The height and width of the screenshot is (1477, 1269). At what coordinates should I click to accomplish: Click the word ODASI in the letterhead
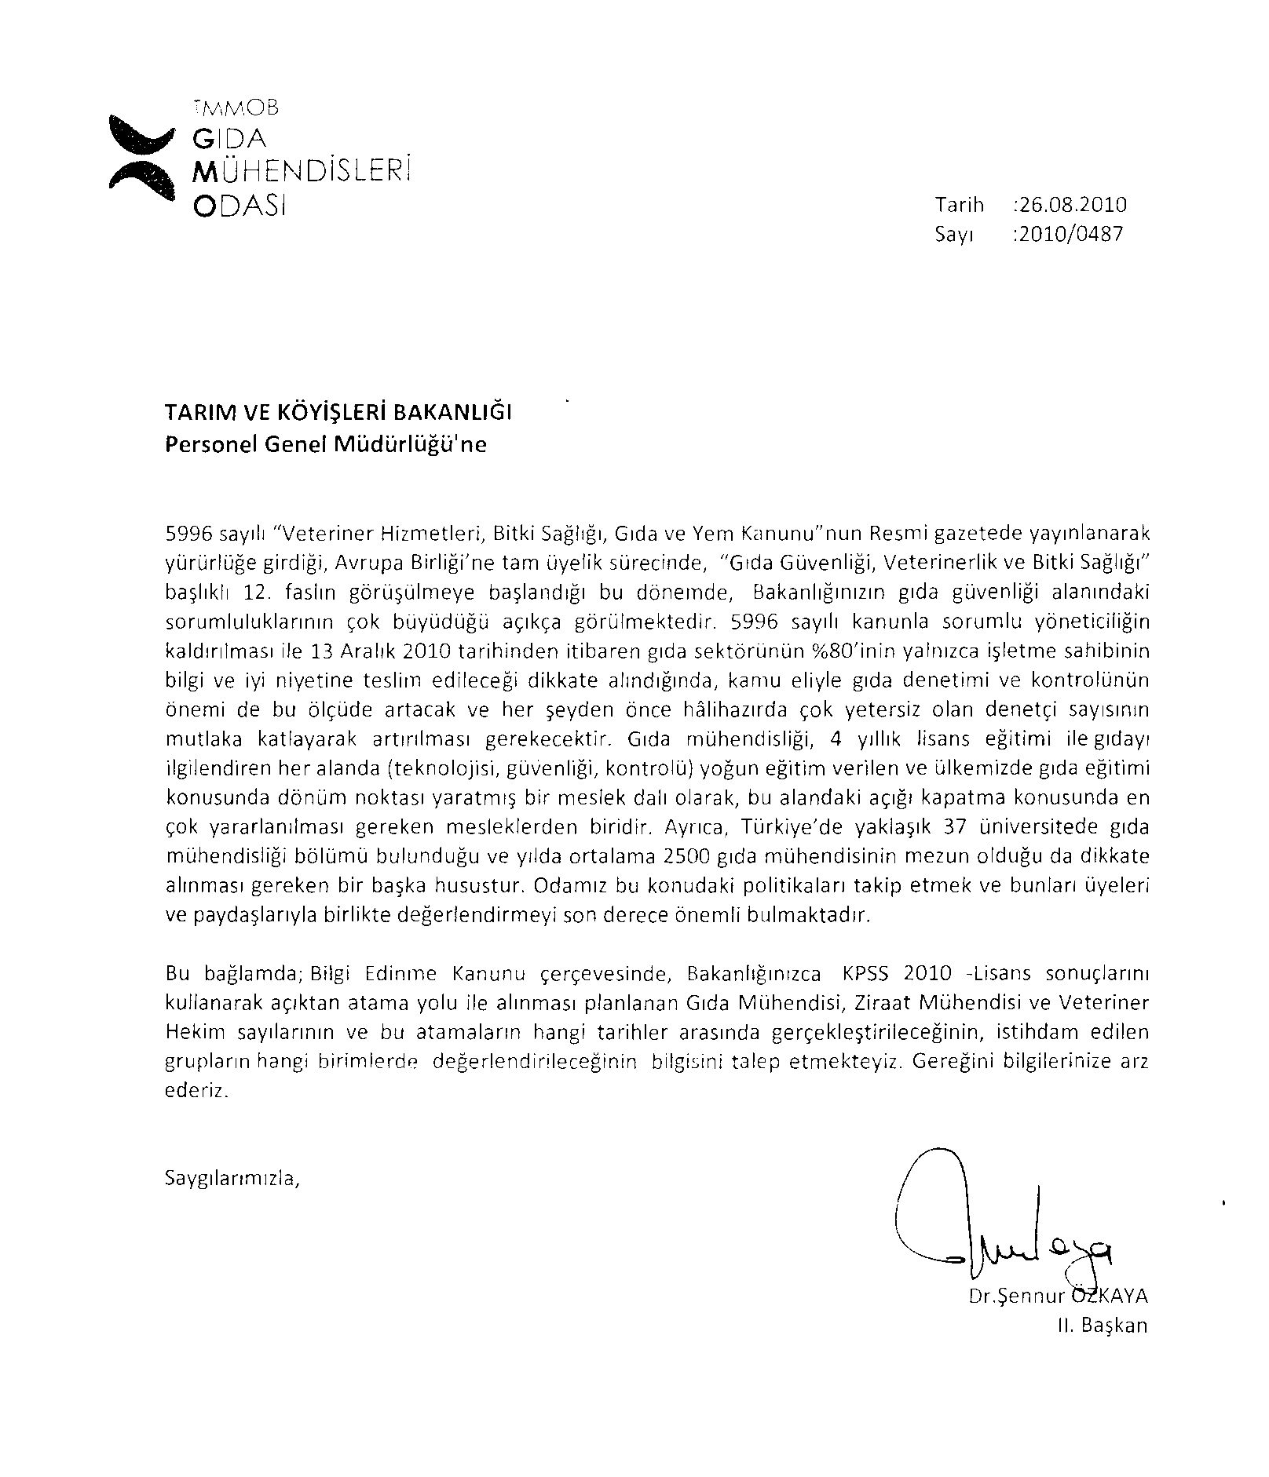[239, 206]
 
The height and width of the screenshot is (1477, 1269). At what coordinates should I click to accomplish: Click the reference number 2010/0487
[1069, 234]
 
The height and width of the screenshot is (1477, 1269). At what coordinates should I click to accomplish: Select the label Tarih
[959, 206]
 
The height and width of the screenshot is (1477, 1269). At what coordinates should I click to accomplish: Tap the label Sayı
[954, 234]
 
